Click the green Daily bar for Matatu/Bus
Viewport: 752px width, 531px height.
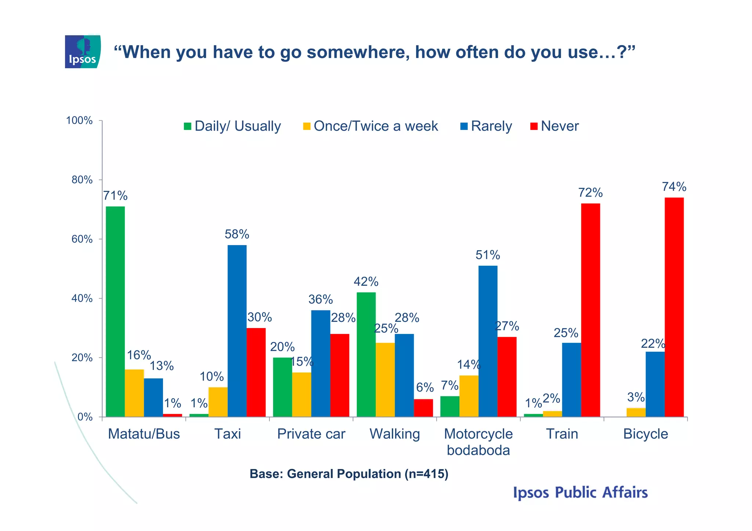(x=115, y=312)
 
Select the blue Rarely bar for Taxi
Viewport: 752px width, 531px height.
(x=237, y=330)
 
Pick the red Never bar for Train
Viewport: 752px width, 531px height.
(x=590, y=310)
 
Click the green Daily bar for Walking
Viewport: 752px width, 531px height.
(x=366, y=354)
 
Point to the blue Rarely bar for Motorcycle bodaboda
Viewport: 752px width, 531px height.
(x=488, y=341)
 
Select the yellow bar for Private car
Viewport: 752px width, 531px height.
(x=301, y=394)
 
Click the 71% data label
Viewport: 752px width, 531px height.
(x=115, y=196)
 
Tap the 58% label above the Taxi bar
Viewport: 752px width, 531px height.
(x=237, y=234)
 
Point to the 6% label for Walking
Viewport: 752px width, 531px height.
(x=425, y=388)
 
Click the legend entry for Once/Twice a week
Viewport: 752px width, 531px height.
(x=371, y=126)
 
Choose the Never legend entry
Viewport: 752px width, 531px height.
(x=555, y=126)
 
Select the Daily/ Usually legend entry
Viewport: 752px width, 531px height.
(x=233, y=126)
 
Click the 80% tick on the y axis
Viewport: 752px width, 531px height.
(x=82, y=180)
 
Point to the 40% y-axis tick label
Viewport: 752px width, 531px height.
(x=82, y=298)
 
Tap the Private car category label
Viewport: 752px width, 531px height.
(x=311, y=434)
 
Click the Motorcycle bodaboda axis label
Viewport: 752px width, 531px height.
(x=478, y=442)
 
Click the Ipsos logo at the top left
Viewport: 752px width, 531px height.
(x=83, y=52)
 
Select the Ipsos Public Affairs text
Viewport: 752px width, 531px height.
(x=580, y=493)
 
